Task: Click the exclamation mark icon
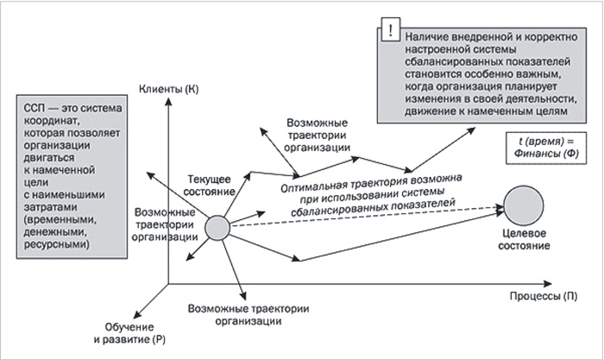(x=390, y=29)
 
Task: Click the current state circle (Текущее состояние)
(x=217, y=228)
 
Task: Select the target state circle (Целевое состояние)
(x=524, y=205)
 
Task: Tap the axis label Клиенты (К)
(x=169, y=90)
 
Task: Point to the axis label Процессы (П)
(x=544, y=296)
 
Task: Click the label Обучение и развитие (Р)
(x=129, y=333)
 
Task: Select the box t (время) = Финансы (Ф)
(x=546, y=148)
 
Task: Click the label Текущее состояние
(x=209, y=186)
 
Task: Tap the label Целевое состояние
(x=524, y=239)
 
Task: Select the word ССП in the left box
(x=35, y=108)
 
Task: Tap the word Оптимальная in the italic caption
(x=307, y=186)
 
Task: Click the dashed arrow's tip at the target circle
(x=503, y=207)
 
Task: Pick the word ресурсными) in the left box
(x=57, y=244)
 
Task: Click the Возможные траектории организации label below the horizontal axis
(x=249, y=315)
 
